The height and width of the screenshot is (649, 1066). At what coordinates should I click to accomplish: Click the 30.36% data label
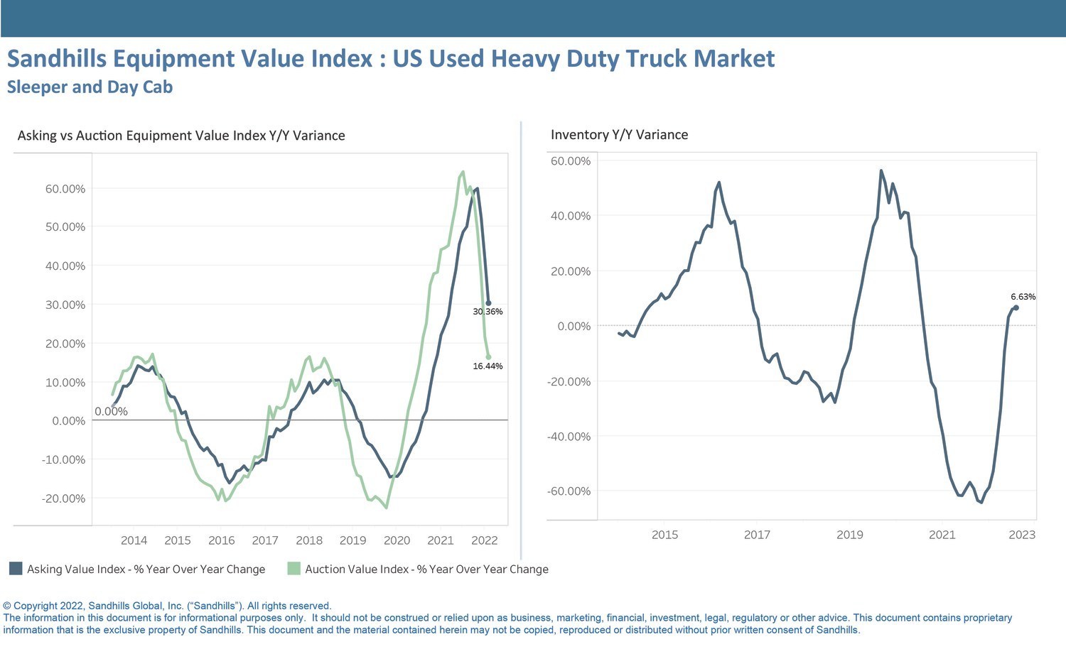(488, 312)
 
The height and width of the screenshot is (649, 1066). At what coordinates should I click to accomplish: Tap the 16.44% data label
(488, 366)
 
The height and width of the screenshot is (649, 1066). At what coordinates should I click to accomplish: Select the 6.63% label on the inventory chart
(1023, 297)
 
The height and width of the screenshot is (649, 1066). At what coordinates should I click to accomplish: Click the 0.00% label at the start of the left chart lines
(111, 412)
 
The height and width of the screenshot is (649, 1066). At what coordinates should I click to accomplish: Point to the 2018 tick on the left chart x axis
(309, 540)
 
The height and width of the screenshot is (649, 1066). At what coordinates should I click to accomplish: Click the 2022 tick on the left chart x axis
(485, 540)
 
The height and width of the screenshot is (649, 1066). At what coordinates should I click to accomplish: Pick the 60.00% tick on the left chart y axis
(64, 189)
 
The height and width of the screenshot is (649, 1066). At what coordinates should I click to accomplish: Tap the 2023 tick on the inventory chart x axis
(1022, 535)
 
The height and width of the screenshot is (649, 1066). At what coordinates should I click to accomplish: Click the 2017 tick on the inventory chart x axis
(757, 535)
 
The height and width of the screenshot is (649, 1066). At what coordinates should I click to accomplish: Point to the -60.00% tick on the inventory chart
(569, 491)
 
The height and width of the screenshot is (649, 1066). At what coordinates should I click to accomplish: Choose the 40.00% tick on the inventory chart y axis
(571, 216)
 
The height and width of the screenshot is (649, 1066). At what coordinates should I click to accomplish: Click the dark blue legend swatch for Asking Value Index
(16, 569)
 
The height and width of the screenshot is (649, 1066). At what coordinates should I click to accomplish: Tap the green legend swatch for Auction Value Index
(294, 569)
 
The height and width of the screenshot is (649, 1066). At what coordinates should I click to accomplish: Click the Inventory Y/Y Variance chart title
(619, 135)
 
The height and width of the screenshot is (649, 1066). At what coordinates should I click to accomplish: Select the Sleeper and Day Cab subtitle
(90, 87)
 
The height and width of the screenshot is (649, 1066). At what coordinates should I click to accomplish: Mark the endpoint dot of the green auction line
(488, 357)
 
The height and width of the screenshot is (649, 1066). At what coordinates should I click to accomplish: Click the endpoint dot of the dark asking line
(488, 303)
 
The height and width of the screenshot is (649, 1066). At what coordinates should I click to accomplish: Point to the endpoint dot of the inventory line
(1016, 307)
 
